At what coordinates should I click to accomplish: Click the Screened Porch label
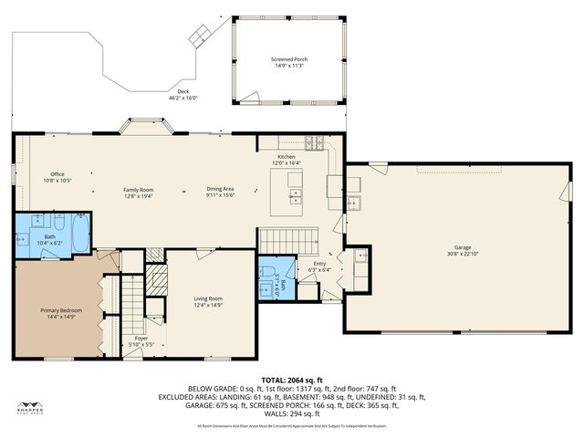pos(287,59)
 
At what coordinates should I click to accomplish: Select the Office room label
pos(57,174)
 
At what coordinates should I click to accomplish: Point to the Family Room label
pos(139,189)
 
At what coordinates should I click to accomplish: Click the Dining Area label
pos(220,189)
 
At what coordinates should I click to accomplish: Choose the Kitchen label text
pos(287,157)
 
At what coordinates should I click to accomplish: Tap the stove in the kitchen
pos(315,142)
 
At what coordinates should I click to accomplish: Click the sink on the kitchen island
pos(296,194)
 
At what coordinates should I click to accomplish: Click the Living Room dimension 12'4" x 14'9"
pos(208,304)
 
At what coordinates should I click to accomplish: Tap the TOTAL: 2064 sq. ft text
pos(292,379)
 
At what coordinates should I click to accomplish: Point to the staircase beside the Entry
pos(281,241)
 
